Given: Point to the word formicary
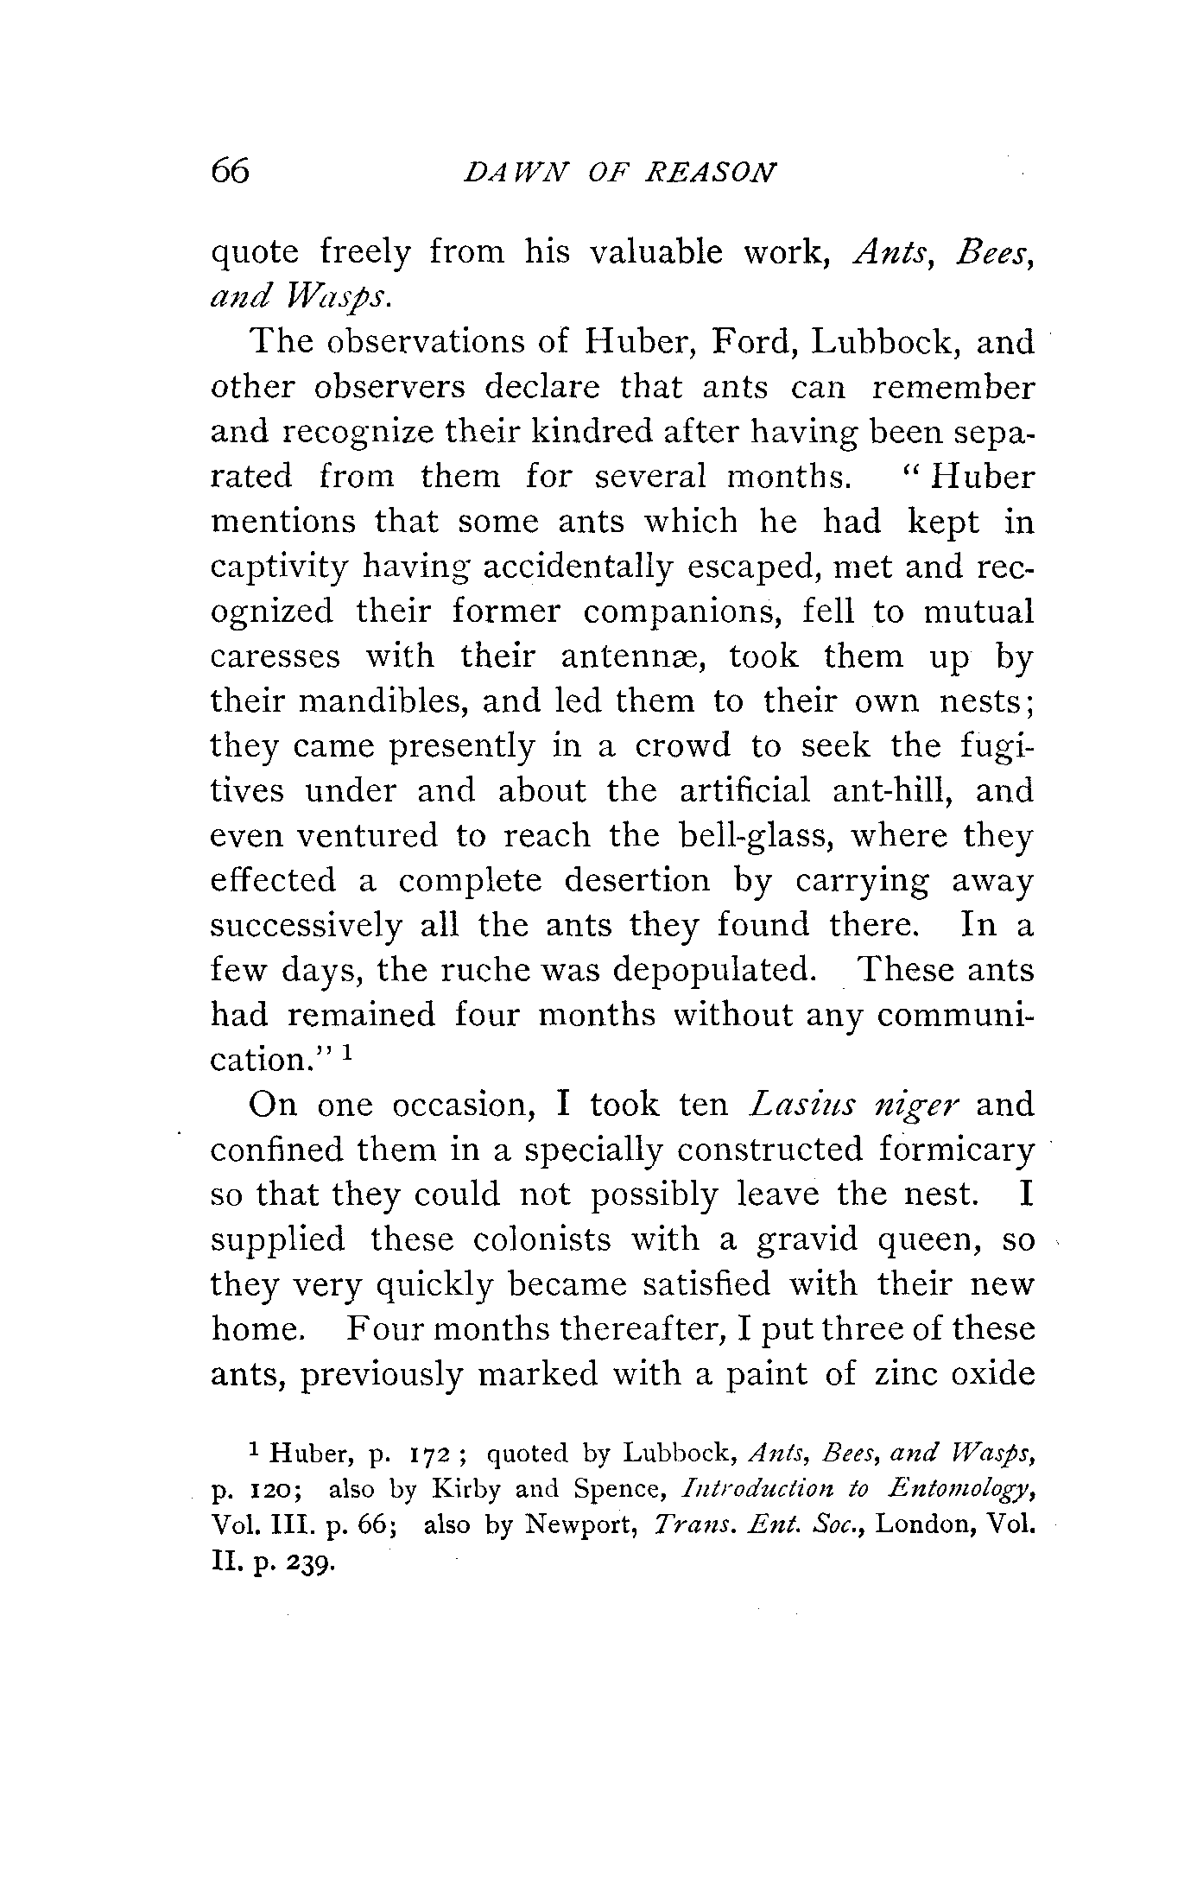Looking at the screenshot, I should click(955, 1150).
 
